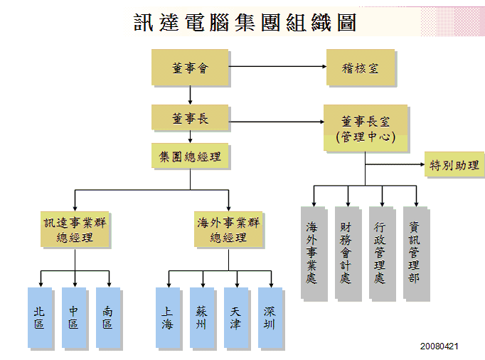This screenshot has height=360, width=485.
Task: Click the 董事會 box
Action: coord(190,68)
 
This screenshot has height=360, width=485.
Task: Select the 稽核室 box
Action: coord(361,68)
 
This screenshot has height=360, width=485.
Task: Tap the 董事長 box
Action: coord(190,117)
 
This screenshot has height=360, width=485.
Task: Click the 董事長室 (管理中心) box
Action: coord(366,128)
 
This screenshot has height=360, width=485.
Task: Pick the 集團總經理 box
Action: coord(190,157)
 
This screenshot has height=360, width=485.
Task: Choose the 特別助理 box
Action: coord(454,166)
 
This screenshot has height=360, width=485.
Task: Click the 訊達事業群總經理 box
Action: coord(75,229)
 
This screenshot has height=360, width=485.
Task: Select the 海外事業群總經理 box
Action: coord(228,229)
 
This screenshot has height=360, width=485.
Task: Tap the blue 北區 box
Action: coord(40,318)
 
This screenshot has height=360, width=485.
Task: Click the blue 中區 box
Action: coord(74,318)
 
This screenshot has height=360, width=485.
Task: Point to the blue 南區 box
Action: coord(108,318)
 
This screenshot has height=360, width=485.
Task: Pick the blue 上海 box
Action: coord(168,318)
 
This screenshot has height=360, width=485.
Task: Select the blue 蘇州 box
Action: coord(201,318)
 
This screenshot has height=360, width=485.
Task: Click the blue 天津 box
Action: coord(235,318)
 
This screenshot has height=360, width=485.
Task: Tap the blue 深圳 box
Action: coord(270,318)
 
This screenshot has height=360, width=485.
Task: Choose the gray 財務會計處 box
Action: coord(346,253)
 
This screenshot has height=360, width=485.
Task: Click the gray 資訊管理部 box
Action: coord(414,253)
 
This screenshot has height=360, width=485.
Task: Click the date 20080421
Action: coord(439,346)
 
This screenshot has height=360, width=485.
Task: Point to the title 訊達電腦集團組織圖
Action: coord(245,23)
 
